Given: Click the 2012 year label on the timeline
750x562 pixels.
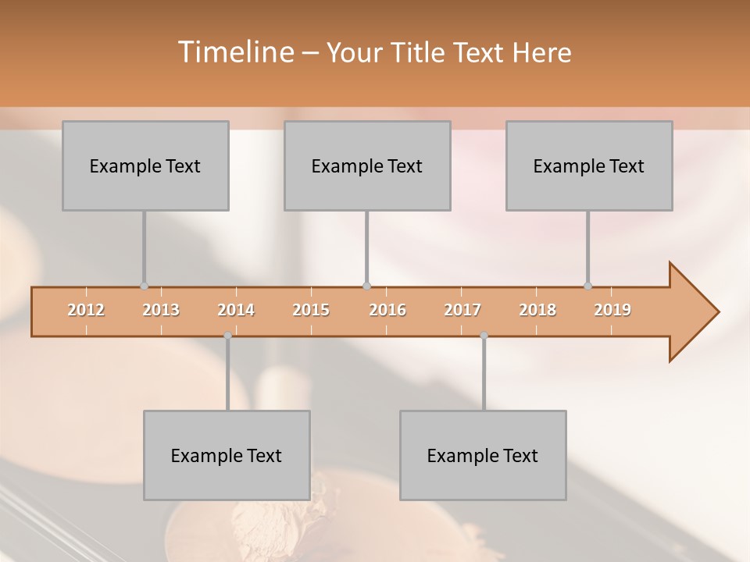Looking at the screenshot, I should click(x=86, y=310).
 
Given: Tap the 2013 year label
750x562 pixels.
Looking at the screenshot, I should click(x=161, y=310).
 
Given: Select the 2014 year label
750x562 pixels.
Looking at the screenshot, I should click(x=236, y=310).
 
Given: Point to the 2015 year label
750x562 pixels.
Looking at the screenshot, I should click(x=311, y=310).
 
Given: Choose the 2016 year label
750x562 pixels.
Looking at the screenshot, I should click(x=387, y=310).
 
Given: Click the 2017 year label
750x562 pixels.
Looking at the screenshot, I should click(x=462, y=310).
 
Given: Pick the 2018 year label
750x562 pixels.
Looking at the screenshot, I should click(x=537, y=310).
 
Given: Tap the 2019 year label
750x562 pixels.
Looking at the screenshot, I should click(x=612, y=310).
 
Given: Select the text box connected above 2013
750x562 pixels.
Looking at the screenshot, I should click(x=145, y=165).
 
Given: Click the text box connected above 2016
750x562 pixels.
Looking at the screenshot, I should click(x=367, y=165).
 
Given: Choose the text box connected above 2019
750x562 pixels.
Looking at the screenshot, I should click(x=589, y=165).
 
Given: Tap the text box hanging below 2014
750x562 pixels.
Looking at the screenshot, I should click(x=227, y=455).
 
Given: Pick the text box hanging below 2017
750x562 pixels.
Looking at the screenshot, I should click(x=483, y=455).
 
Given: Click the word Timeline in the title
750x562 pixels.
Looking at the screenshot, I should click(x=234, y=52).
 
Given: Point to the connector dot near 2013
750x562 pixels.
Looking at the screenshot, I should click(x=144, y=286).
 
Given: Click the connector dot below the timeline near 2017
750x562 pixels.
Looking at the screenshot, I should click(x=484, y=336).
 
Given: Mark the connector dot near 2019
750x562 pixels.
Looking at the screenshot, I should click(x=588, y=286).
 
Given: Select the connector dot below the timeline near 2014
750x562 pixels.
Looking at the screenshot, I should click(x=227, y=336).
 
